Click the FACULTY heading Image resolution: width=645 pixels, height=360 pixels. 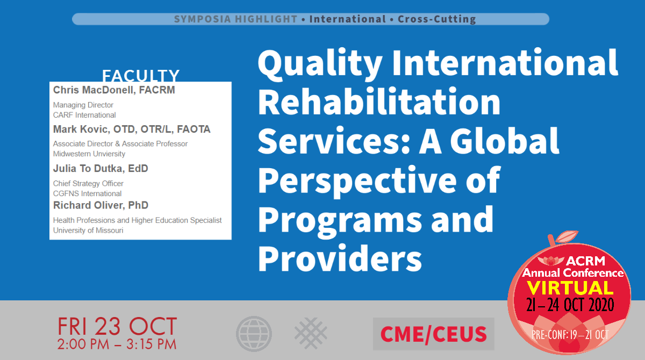coord(141,75)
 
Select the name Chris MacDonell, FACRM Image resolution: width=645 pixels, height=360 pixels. coord(114,90)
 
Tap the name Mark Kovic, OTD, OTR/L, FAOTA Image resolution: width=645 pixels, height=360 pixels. coord(132,129)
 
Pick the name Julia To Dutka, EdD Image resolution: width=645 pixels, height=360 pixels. coord(101,168)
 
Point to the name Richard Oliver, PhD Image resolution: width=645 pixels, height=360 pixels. coord(101,205)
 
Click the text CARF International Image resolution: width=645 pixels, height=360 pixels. coord(84,115)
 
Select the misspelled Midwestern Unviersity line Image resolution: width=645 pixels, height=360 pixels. coord(89,154)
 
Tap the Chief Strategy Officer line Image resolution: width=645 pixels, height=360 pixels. coord(88,183)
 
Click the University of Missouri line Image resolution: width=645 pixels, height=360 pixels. coord(88,230)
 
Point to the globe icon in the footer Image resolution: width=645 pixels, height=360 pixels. coord(254,334)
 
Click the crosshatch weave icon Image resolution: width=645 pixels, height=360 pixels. coord(311,333)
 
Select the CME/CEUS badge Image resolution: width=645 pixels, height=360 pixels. coord(434,334)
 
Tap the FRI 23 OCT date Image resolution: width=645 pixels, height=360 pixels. coord(117,327)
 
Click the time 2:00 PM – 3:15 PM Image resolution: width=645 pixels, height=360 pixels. coord(117,344)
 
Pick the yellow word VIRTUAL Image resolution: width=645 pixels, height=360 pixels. coord(570,288)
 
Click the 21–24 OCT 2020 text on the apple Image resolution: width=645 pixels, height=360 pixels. coord(570,305)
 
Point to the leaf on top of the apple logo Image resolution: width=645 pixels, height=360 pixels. coord(567,236)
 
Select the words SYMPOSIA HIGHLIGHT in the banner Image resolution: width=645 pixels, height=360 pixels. coord(235,19)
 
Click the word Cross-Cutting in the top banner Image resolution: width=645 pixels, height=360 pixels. coord(437,19)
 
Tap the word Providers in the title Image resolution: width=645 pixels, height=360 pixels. coord(340,258)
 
